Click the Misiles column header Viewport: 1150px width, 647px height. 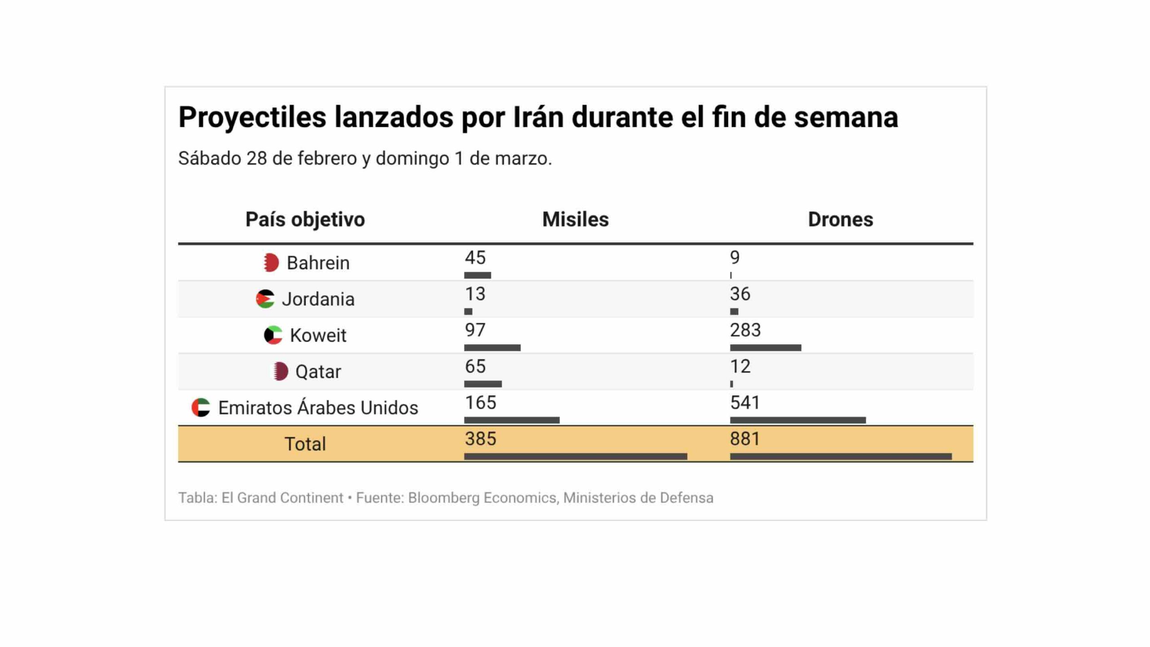[575, 219]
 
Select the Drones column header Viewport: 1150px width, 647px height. [840, 219]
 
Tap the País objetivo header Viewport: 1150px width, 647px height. [305, 219]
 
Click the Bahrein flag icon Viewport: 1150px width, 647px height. [271, 262]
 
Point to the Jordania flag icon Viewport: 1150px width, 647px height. [265, 299]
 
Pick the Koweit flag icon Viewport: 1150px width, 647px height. [273, 335]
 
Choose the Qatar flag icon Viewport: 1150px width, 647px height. [281, 372]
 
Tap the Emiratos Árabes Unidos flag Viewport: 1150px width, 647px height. [201, 408]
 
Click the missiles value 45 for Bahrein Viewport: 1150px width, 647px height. [475, 257]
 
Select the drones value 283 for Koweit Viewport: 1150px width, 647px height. [745, 330]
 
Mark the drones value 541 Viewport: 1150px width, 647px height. [745, 403]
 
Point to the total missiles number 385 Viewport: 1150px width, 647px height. [480, 439]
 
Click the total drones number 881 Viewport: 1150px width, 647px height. [745, 439]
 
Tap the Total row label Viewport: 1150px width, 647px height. [305, 444]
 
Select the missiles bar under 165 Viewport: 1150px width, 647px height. [512, 420]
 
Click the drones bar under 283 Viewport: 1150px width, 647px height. [765, 347]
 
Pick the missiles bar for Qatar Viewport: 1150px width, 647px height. [483, 384]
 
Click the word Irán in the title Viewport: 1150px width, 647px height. [538, 117]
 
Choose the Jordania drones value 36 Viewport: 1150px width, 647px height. [740, 294]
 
